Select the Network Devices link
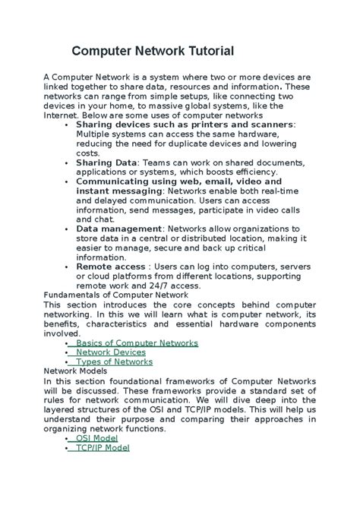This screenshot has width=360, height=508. pyautogui.click(x=110, y=352)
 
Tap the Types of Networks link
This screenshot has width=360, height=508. pyautogui.click(x=114, y=361)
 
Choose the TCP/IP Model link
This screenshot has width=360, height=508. pyautogui.click(x=103, y=448)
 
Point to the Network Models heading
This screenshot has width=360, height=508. pyautogui.click(x=76, y=371)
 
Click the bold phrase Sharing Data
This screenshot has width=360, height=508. pyautogui.click(x=106, y=162)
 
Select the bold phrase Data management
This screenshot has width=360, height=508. pyautogui.click(x=118, y=229)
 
